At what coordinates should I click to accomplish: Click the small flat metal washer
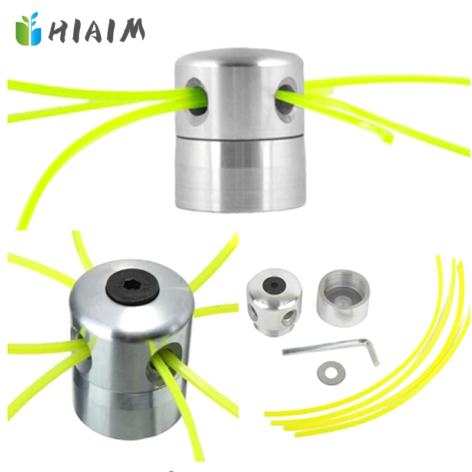(x=329, y=373)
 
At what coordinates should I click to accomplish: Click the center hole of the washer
(x=329, y=373)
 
